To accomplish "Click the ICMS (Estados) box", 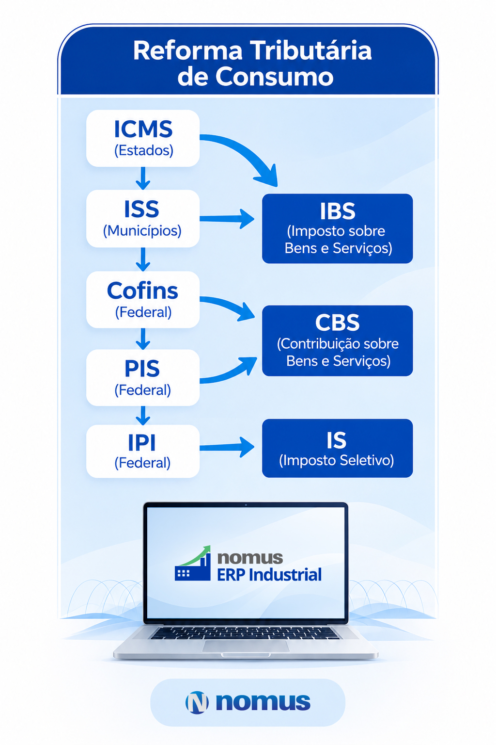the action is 143,138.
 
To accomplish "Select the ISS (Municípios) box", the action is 143,219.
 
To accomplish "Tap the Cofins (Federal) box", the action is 143,300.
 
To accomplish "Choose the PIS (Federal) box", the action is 143,377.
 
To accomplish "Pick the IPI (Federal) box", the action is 143,452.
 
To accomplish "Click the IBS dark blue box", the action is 338,228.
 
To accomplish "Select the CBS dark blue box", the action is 338,340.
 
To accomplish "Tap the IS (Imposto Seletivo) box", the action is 338,448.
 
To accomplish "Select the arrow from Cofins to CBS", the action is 229,305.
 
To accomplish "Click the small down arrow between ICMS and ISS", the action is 143,178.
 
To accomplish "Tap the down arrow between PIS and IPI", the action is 143,415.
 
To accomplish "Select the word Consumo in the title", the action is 274,77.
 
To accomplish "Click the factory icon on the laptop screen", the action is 193,563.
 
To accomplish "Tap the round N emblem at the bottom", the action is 197,703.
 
